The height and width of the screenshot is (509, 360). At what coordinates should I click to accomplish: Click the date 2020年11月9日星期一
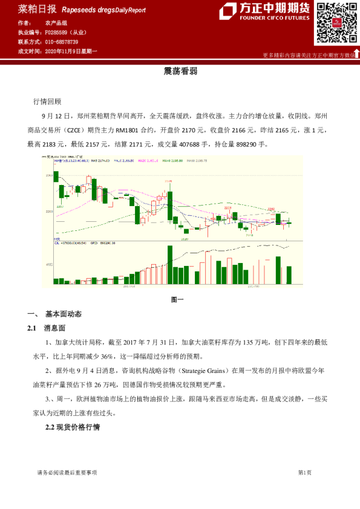click(71, 51)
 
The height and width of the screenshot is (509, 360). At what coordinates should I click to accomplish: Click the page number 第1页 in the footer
click(304, 472)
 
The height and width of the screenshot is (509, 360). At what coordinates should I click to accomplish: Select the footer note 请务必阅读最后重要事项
click(67, 472)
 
